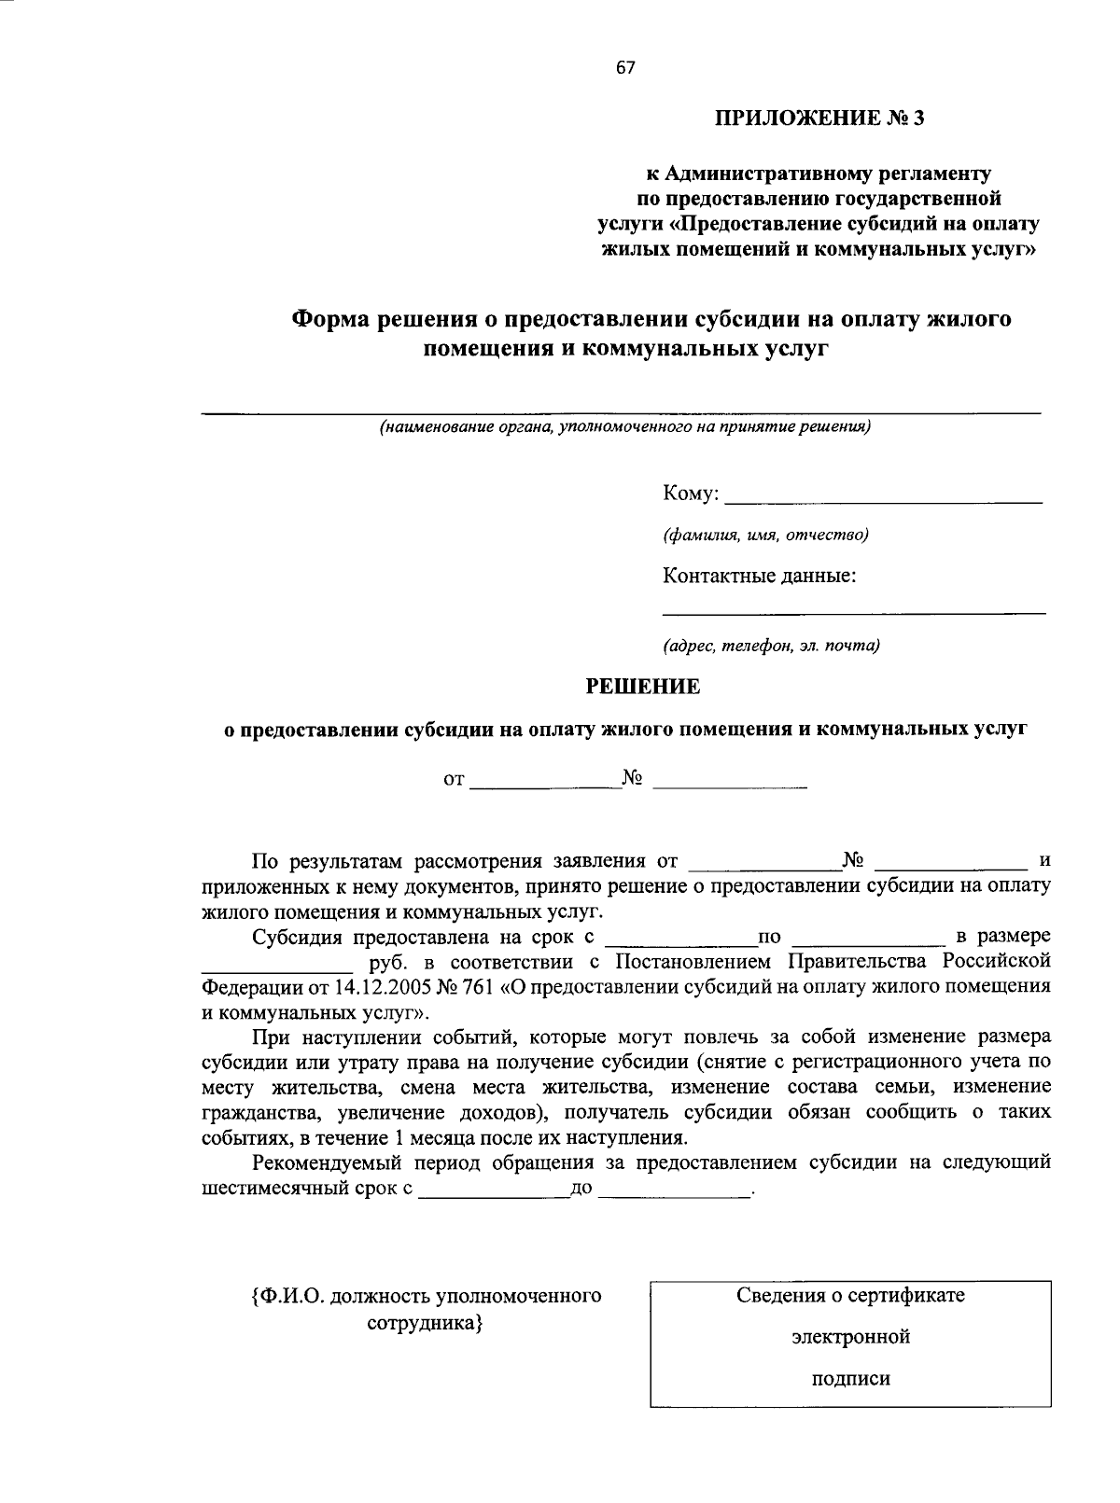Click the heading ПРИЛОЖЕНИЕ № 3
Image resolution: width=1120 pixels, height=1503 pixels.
pos(823,118)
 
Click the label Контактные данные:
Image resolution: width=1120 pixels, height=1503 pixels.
pos(760,576)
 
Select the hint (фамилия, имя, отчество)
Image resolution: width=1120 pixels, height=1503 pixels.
pos(765,535)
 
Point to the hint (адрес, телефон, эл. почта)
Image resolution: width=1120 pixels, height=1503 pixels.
pos(772,645)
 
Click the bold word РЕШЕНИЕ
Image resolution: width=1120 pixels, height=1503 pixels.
pos(642,687)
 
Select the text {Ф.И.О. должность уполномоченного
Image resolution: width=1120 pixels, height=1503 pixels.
pos(426,1296)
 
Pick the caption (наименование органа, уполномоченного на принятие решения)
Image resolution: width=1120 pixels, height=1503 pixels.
pos(623,427)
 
